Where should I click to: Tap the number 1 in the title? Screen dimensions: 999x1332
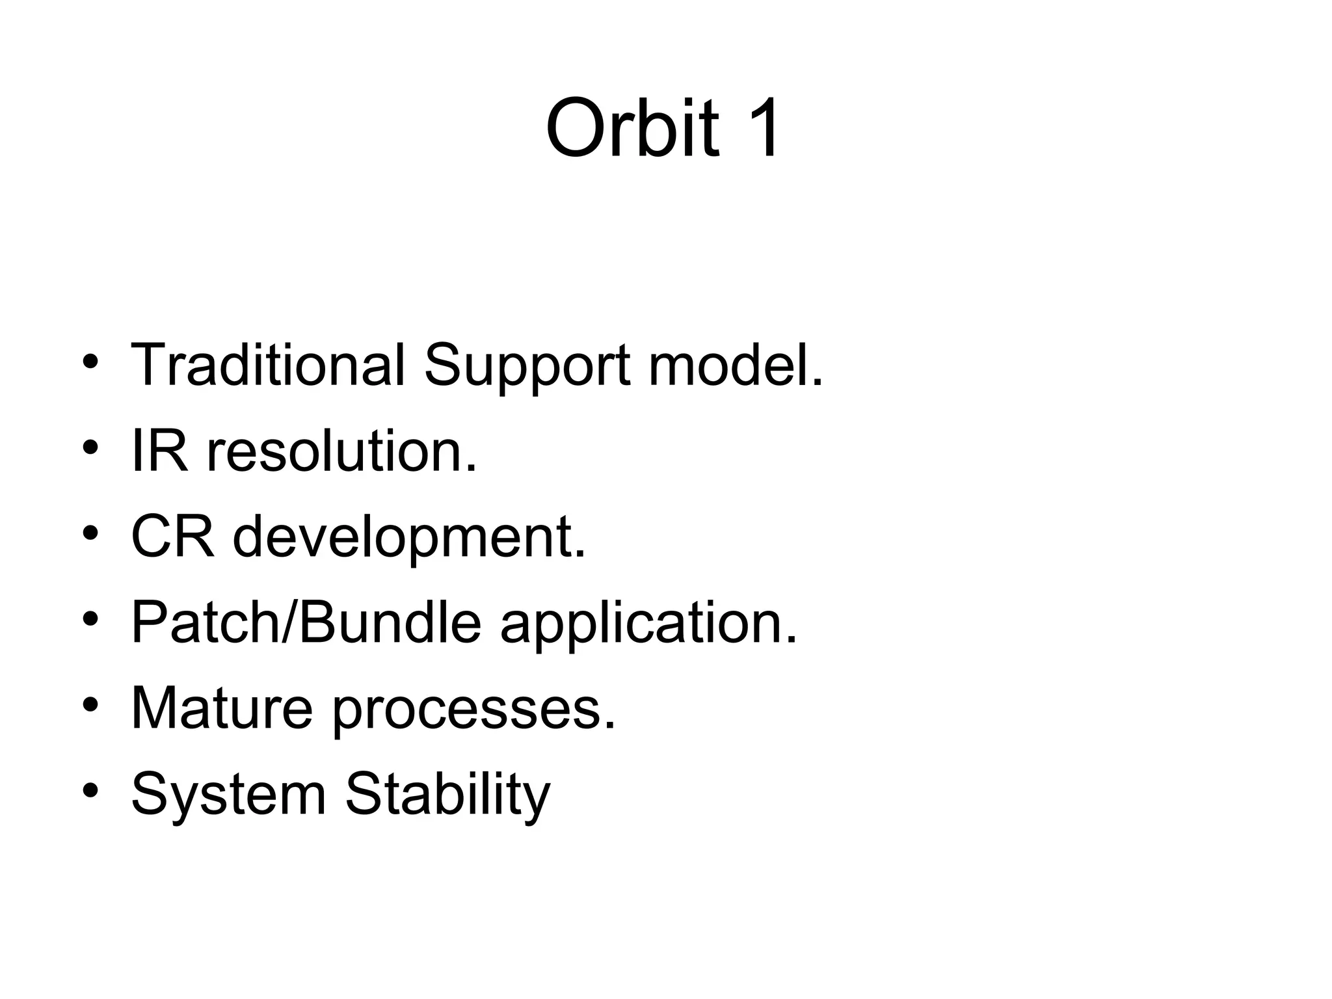(761, 127)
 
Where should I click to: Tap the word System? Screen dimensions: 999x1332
(228, 795)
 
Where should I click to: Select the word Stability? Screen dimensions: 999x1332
(447, 795)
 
